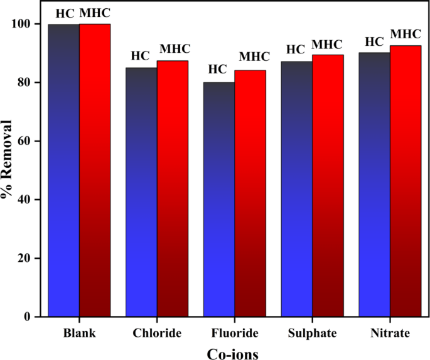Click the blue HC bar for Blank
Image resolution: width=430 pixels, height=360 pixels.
(63, 170)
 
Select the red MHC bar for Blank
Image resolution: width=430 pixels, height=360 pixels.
(95, 170)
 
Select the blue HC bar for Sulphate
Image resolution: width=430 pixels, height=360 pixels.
(296, 188)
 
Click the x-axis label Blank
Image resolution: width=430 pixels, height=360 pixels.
(80, 332)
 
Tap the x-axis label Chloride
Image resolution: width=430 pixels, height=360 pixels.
(157, 332)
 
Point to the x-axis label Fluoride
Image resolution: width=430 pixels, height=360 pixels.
(234, 332)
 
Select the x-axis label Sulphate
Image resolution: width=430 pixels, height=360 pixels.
(312, 332)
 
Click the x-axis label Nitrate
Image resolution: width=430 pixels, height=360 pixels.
(390, 332)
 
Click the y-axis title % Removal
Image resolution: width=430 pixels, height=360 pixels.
(8, 158)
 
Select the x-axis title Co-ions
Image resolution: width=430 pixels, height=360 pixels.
(232, 353)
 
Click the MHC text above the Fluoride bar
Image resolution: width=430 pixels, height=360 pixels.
(254, 57)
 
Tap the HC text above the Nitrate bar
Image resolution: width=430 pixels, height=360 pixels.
(375, 41)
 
